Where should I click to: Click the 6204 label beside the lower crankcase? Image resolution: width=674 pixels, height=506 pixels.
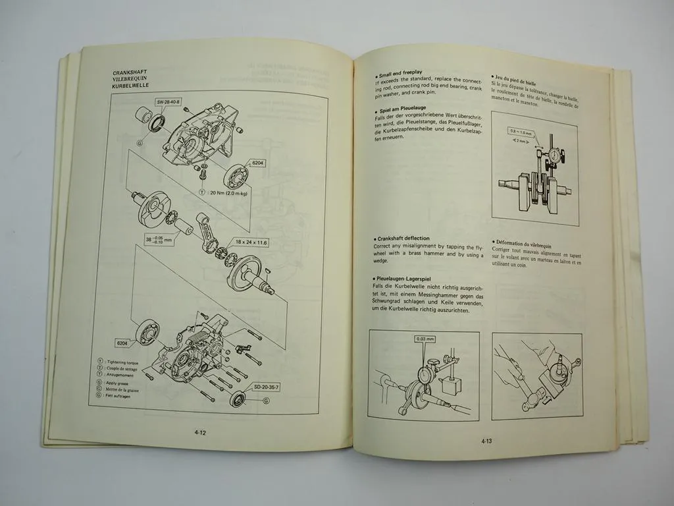click(x=122, y=343)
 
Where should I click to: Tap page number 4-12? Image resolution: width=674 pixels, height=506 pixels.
click(x=201, y=432)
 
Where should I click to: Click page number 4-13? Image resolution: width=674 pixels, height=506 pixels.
click(x=487, y=441)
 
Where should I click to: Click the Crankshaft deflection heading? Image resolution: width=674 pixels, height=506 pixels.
click(x=403, y=238)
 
